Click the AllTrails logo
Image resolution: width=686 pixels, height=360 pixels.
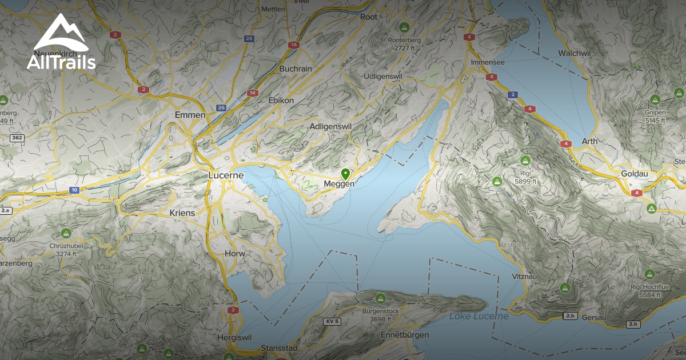[61, 42]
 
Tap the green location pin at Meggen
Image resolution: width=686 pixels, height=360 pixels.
[345, 174]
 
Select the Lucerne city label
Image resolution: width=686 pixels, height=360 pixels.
[226, 175]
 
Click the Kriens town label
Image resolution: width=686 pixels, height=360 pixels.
[182, 213]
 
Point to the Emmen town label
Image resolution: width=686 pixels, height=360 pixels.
[190, 115]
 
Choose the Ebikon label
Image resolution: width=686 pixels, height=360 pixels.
[281, 100]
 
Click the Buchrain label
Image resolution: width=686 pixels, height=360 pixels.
[296, 69]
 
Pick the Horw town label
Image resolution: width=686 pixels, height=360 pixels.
[235, 253]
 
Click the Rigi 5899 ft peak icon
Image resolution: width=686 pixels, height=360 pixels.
[525, 161]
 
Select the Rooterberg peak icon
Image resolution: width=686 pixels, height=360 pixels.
[404, 27]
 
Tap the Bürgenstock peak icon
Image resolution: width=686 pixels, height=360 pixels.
[381, 298]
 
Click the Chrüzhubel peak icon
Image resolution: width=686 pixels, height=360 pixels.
[66, 233]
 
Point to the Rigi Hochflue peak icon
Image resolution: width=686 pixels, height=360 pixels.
[649, 274]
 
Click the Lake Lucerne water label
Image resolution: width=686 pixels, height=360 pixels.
[478, 316]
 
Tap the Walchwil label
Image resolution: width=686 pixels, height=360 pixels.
[574, 53]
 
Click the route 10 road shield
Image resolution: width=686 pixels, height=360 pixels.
[74, 190]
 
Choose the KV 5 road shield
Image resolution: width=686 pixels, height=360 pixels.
[332, 321]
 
